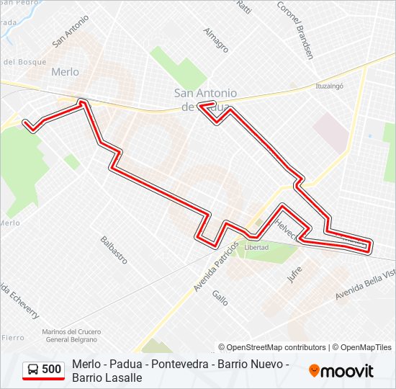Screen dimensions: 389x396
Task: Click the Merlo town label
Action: [66, 72]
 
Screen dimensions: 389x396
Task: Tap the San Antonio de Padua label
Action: [205, 99]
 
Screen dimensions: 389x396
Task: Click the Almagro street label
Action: [216, 40]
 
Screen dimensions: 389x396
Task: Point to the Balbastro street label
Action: [114, 249]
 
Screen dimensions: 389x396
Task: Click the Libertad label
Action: [257, 247]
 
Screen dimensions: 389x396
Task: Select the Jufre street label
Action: [294, 273]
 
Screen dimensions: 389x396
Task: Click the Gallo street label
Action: [220, 298]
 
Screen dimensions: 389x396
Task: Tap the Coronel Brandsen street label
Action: [296, 29]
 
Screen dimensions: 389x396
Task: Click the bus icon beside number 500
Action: [33, 370]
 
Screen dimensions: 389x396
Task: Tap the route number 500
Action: [51, 370]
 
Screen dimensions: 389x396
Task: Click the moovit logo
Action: [341, 371]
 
